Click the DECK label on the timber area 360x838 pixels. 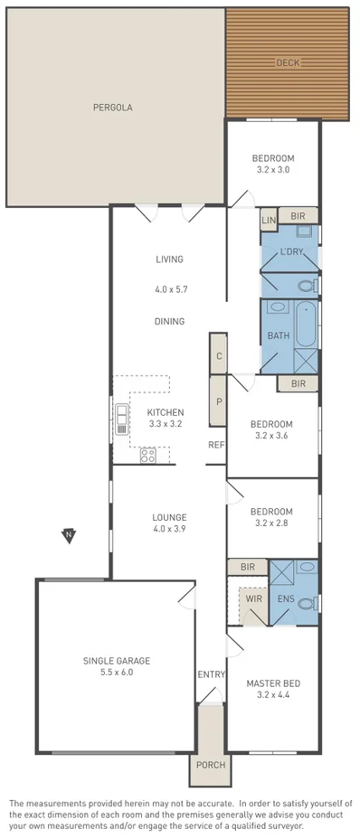point(287,62)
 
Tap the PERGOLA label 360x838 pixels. point(113,107)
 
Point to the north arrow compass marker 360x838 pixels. point(69,536)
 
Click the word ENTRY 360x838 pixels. point(210,674)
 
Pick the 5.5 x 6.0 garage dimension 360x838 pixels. point(116,673)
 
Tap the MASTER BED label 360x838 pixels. point(272,683)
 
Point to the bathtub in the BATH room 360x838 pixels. point(306,325)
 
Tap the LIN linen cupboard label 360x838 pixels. point(269,221)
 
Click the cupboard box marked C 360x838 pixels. point(218,355)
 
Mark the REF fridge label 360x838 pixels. point(216,444)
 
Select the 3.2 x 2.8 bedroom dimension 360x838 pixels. point(272,523)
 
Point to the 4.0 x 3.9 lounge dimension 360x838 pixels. point(169,529)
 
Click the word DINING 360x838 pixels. point(169,321)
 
